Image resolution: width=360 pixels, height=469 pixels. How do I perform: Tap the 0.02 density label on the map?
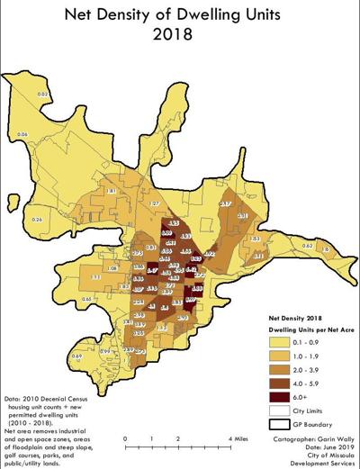click(41, 94)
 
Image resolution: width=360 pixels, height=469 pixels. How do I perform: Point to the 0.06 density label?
click(22, 134)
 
